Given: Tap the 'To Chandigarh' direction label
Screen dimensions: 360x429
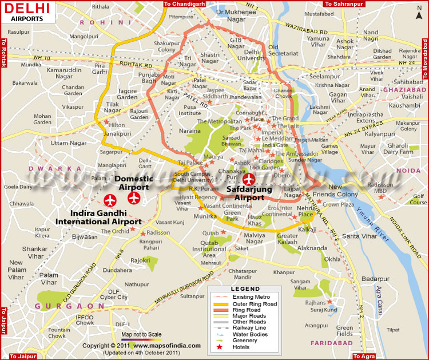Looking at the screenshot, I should (185, 3).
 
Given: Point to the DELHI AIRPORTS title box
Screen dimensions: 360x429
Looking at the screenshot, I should (26, 11).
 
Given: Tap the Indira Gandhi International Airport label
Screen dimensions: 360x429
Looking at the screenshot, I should (98, 217).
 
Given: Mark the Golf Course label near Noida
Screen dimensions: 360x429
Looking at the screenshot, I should (419, 199).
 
